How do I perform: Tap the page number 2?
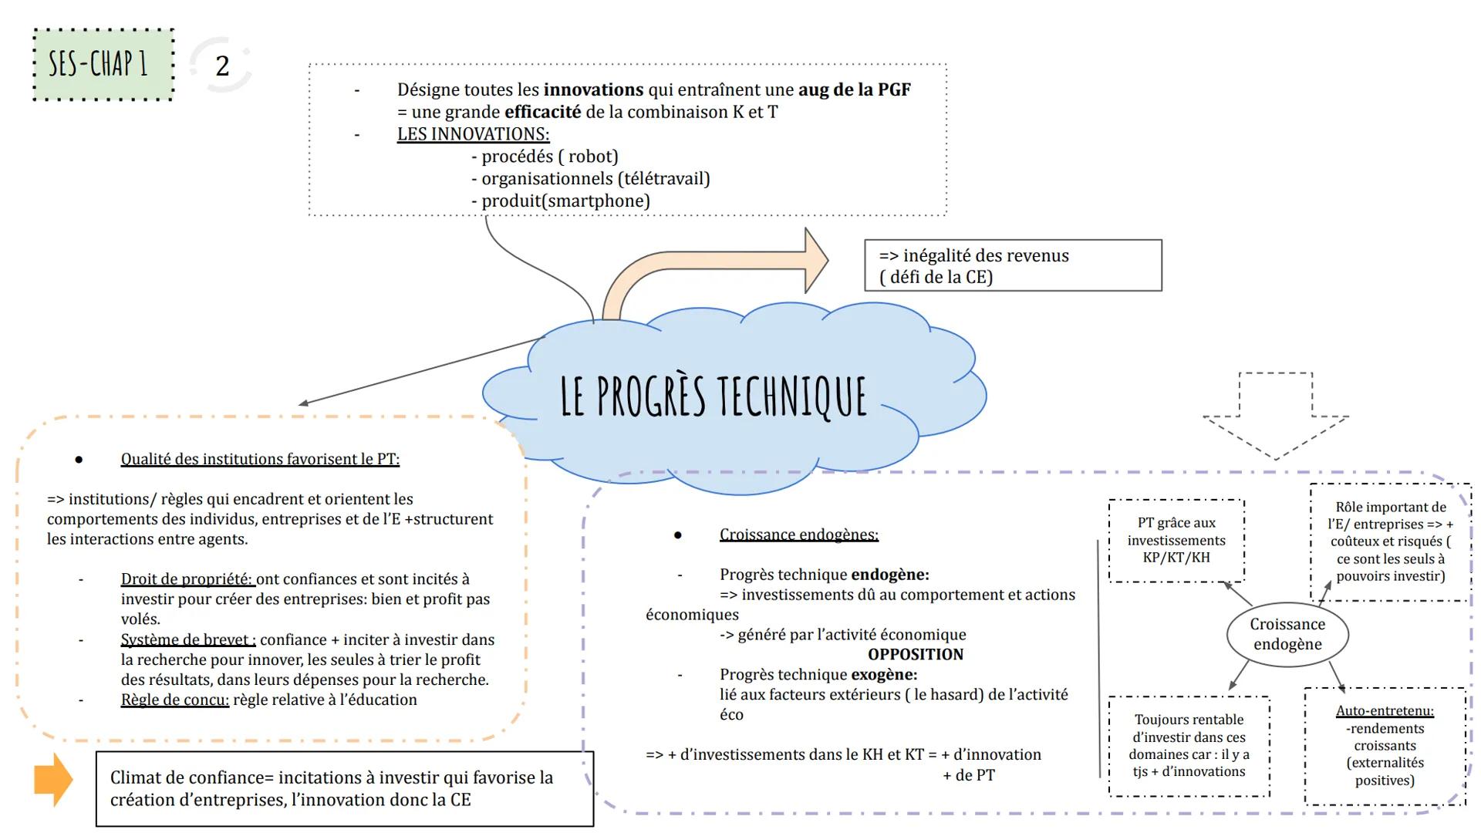(222, 66)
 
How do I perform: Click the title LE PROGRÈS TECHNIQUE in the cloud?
(714, 396)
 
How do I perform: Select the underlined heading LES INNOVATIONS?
(473, 134)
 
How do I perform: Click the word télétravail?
(663, 179)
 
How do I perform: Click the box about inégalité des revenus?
(1012, 266)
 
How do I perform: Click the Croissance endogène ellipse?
(1287, 634)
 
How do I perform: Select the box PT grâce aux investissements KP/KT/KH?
(1176, 540)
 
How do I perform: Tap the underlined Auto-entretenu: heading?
(1385, 711)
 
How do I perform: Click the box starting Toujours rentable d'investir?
(1189, 746)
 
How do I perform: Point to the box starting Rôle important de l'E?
(1390, 541)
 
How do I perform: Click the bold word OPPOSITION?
(916, 655)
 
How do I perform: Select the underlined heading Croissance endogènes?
(798, 535)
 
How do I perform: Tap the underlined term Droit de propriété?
(187, 579)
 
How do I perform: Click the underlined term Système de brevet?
(187, 639)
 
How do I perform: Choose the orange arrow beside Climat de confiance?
(53, 780)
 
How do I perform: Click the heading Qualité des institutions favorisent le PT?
(260, 460)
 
